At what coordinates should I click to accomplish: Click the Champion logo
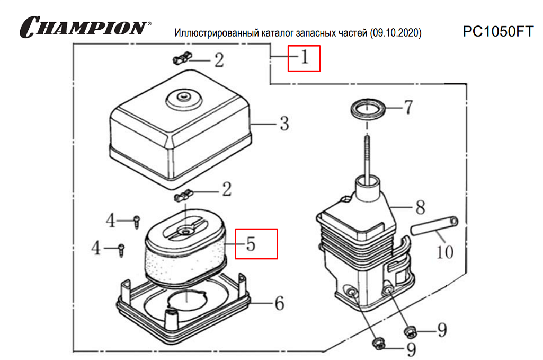tap(84, 27)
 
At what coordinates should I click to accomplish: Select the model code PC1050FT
tap(497, 32)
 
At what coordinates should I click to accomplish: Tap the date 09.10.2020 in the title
tap(396, 33)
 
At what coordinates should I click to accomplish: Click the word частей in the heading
tap(353, 33)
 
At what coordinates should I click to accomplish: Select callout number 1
tap(304, 58)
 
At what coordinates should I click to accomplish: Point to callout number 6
tap(279, 304)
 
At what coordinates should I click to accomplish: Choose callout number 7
tap(407, 108)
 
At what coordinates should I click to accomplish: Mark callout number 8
tap(420, 207)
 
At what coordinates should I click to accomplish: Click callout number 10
tap(445, 251)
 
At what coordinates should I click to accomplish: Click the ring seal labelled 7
tap(369, 110)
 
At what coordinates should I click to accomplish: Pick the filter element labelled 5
tap(185, 252)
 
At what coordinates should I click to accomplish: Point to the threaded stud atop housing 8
tap(366, 154)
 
